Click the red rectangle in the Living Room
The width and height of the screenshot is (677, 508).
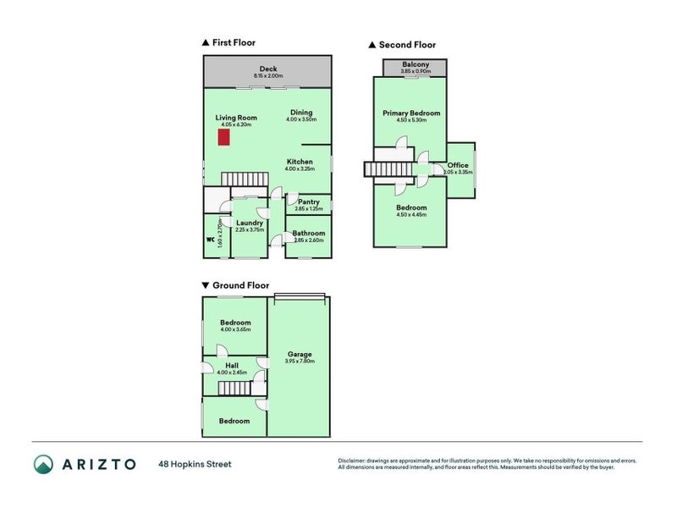tap(224, 137)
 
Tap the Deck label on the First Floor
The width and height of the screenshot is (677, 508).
tap(268, 69)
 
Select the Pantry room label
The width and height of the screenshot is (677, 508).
tap(308, 202)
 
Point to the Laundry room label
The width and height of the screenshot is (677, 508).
tap(250, 223)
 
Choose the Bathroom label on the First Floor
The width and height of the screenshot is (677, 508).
tap(308, 233)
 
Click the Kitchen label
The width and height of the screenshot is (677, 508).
tap(300, 162)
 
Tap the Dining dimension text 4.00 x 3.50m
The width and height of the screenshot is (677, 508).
tap(301, 120)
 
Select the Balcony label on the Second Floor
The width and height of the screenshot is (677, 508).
tap(416, 64)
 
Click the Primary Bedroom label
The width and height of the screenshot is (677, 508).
tap(411, 113)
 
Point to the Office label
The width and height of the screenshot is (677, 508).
tap(458, 165)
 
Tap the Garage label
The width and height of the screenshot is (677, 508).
tap(300, 354)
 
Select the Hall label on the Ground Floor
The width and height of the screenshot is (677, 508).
tap(231, 366)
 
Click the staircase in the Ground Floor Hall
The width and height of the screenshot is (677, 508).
tap(234, 389)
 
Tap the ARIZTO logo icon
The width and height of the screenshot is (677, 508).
tap(44, 464)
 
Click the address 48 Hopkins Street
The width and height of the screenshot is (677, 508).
tap(195, 464)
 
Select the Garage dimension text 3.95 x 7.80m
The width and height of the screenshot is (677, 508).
tap(300, 362)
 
